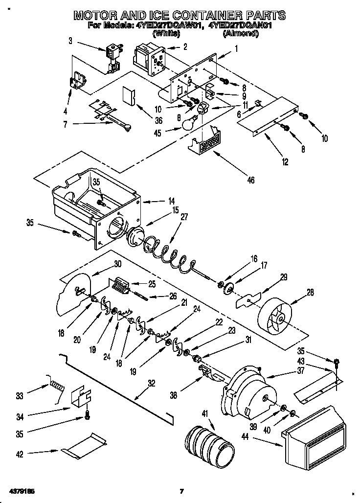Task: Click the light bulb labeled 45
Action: (194, 122)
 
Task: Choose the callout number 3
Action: (70, 41)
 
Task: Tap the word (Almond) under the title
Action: (240, 34)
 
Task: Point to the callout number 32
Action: (152, 384)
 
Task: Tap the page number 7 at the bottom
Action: (181, 491)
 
